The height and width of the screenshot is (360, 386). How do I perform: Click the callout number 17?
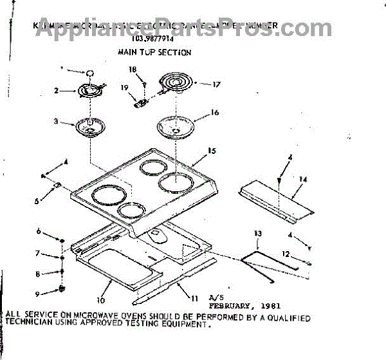pos(216,84)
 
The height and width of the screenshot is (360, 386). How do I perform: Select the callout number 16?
pos(215,113)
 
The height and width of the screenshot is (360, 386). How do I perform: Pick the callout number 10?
pos(100,300)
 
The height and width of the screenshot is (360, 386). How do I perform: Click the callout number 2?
pos(56,91)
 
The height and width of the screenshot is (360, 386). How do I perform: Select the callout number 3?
pos(56,120)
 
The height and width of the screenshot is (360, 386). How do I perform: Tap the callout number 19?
pos(125,87)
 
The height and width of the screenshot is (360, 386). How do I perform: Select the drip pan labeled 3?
pos(89,126)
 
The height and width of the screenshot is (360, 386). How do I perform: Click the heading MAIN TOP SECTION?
pos(154,52)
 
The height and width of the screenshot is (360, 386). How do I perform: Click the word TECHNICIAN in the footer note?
pos(31,326)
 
